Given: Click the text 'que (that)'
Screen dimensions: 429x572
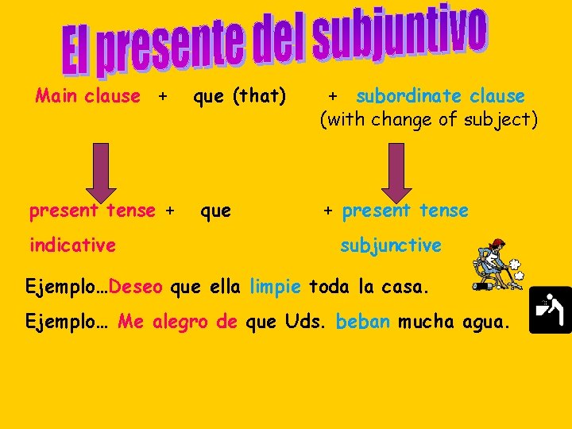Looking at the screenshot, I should pyautogui.click(x=239, y=96).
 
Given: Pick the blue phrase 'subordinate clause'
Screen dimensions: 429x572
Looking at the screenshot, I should pyautogui.click(x=441, y=96).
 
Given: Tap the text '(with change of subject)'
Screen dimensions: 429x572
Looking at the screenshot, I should pyautogui.click(x=429, y=120).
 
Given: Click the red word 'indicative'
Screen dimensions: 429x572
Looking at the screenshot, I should pyautogui.click(x=72, y=245).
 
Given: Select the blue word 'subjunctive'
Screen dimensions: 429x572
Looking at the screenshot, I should pyautogui.click(x=391, y=245).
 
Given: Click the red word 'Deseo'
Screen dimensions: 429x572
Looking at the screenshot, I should pyautogui.click(x=137, y=286).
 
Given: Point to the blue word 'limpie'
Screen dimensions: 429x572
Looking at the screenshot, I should pyautogui.click(x=276, y=286).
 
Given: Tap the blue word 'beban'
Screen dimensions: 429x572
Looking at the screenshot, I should pyautogui.click(x=363, y=322).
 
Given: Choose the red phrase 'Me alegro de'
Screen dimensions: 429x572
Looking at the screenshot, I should pyautogui.click(x=178, y=322).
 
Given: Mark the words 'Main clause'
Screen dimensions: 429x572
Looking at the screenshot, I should pyautogui.click(x=87, y=96).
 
